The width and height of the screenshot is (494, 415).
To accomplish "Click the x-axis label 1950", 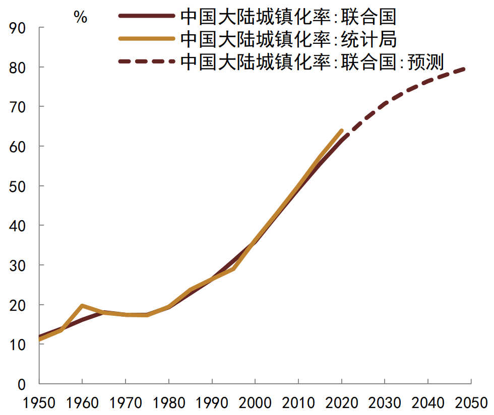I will [x=39, y=403].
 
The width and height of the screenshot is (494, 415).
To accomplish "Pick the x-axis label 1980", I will [x=168, y=403].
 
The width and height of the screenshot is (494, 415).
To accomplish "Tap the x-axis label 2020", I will [x=342, y=403].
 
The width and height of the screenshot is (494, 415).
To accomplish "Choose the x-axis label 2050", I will [x=471, y=403].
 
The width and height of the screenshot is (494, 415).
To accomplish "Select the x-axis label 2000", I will [x=255, y=403].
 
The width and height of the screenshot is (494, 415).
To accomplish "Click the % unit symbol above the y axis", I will [x=80, y=18].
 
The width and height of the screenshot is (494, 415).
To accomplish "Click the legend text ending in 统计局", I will [x=288, y=39].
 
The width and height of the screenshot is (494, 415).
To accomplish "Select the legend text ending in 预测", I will [x=311, y=61].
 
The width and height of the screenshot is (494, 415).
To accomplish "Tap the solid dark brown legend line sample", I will [x=147, y=16].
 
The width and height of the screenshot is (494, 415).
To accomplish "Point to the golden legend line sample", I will [x=147, y=39].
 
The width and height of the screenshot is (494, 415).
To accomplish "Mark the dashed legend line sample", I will [x=147, y=61].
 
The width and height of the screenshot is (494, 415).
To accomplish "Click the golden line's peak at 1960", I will [x=82, y=305].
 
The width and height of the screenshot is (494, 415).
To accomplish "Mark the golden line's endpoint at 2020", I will [x=342, y=130].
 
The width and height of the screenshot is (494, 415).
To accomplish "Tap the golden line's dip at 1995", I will [x=233, y=268].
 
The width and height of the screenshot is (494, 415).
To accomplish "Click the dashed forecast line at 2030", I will [x=385, y=103].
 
